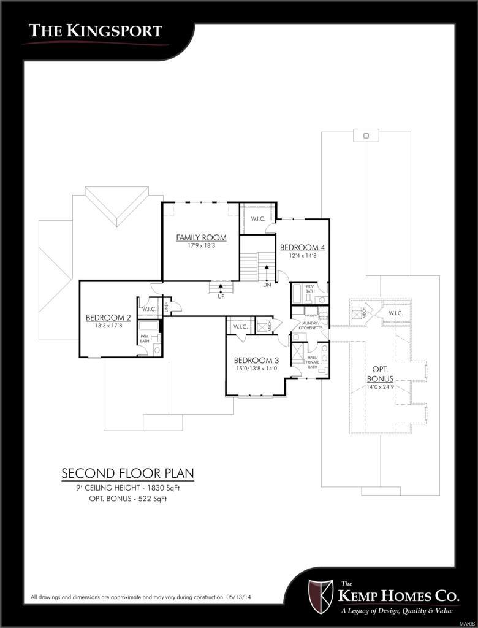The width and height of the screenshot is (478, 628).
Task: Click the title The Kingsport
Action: (96, 30)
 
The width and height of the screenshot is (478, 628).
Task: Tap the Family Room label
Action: (201, 237)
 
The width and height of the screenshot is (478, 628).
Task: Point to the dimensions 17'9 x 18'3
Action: (201, 246)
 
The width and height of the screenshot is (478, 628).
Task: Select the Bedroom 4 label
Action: (302, 248)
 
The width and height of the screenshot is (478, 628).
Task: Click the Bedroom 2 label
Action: (108, 317)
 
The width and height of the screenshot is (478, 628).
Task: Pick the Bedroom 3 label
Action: (256, 360)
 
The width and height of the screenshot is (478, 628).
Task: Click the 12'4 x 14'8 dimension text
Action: (302, 256)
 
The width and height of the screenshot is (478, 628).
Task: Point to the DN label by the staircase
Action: (267, 285)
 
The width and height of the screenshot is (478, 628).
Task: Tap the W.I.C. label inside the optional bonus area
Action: (395, 313)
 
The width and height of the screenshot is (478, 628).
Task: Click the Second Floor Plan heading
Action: (127, 473)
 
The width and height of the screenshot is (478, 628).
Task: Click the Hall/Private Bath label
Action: (313, 362)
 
